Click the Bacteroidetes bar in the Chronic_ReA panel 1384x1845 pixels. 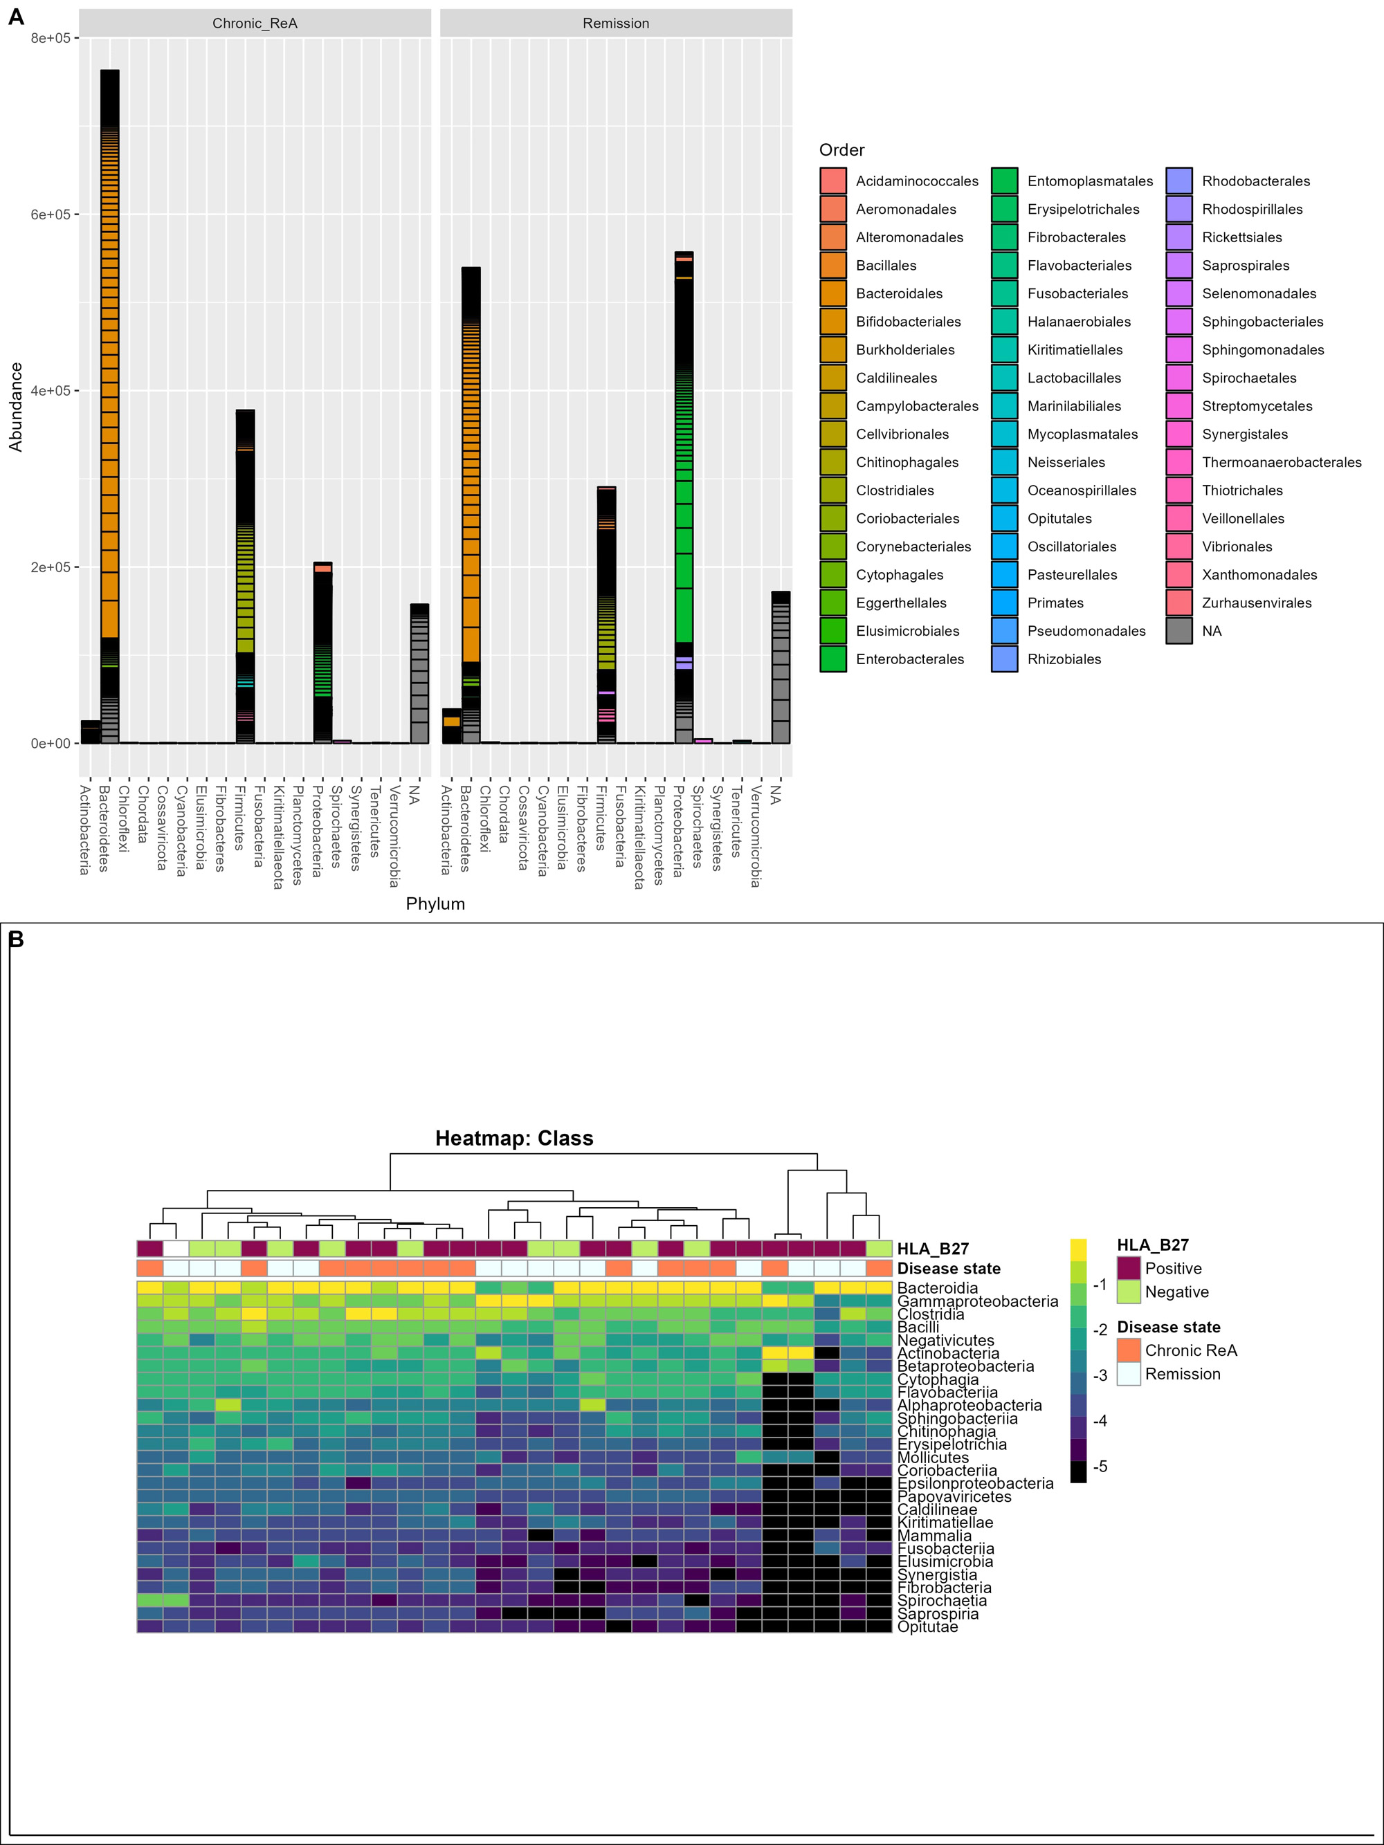tap(109, 406)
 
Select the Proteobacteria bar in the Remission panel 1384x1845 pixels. tap(684, 497)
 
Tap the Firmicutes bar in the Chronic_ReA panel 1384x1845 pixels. tap(245, 576)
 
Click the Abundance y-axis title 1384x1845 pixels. tap(15, 407)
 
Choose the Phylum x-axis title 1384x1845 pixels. tap(435, 903)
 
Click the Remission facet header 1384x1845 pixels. tap(616, 24)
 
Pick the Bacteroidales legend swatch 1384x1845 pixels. tap(833, 293)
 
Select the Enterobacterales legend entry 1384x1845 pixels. tap(892, 659)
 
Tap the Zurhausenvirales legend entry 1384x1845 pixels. tap(1239, 603)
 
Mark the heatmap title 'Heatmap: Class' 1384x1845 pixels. tap(514, 1139)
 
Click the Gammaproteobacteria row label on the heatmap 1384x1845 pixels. tap(978, 1301)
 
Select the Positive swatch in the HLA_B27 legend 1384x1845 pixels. tap(1129, 1268)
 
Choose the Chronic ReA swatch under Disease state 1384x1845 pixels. tap(1129, 1350)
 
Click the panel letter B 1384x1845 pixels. tap(16, 940)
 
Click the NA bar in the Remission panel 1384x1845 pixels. tap(781, 668)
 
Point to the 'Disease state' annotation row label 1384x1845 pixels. tap(949, 1269)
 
